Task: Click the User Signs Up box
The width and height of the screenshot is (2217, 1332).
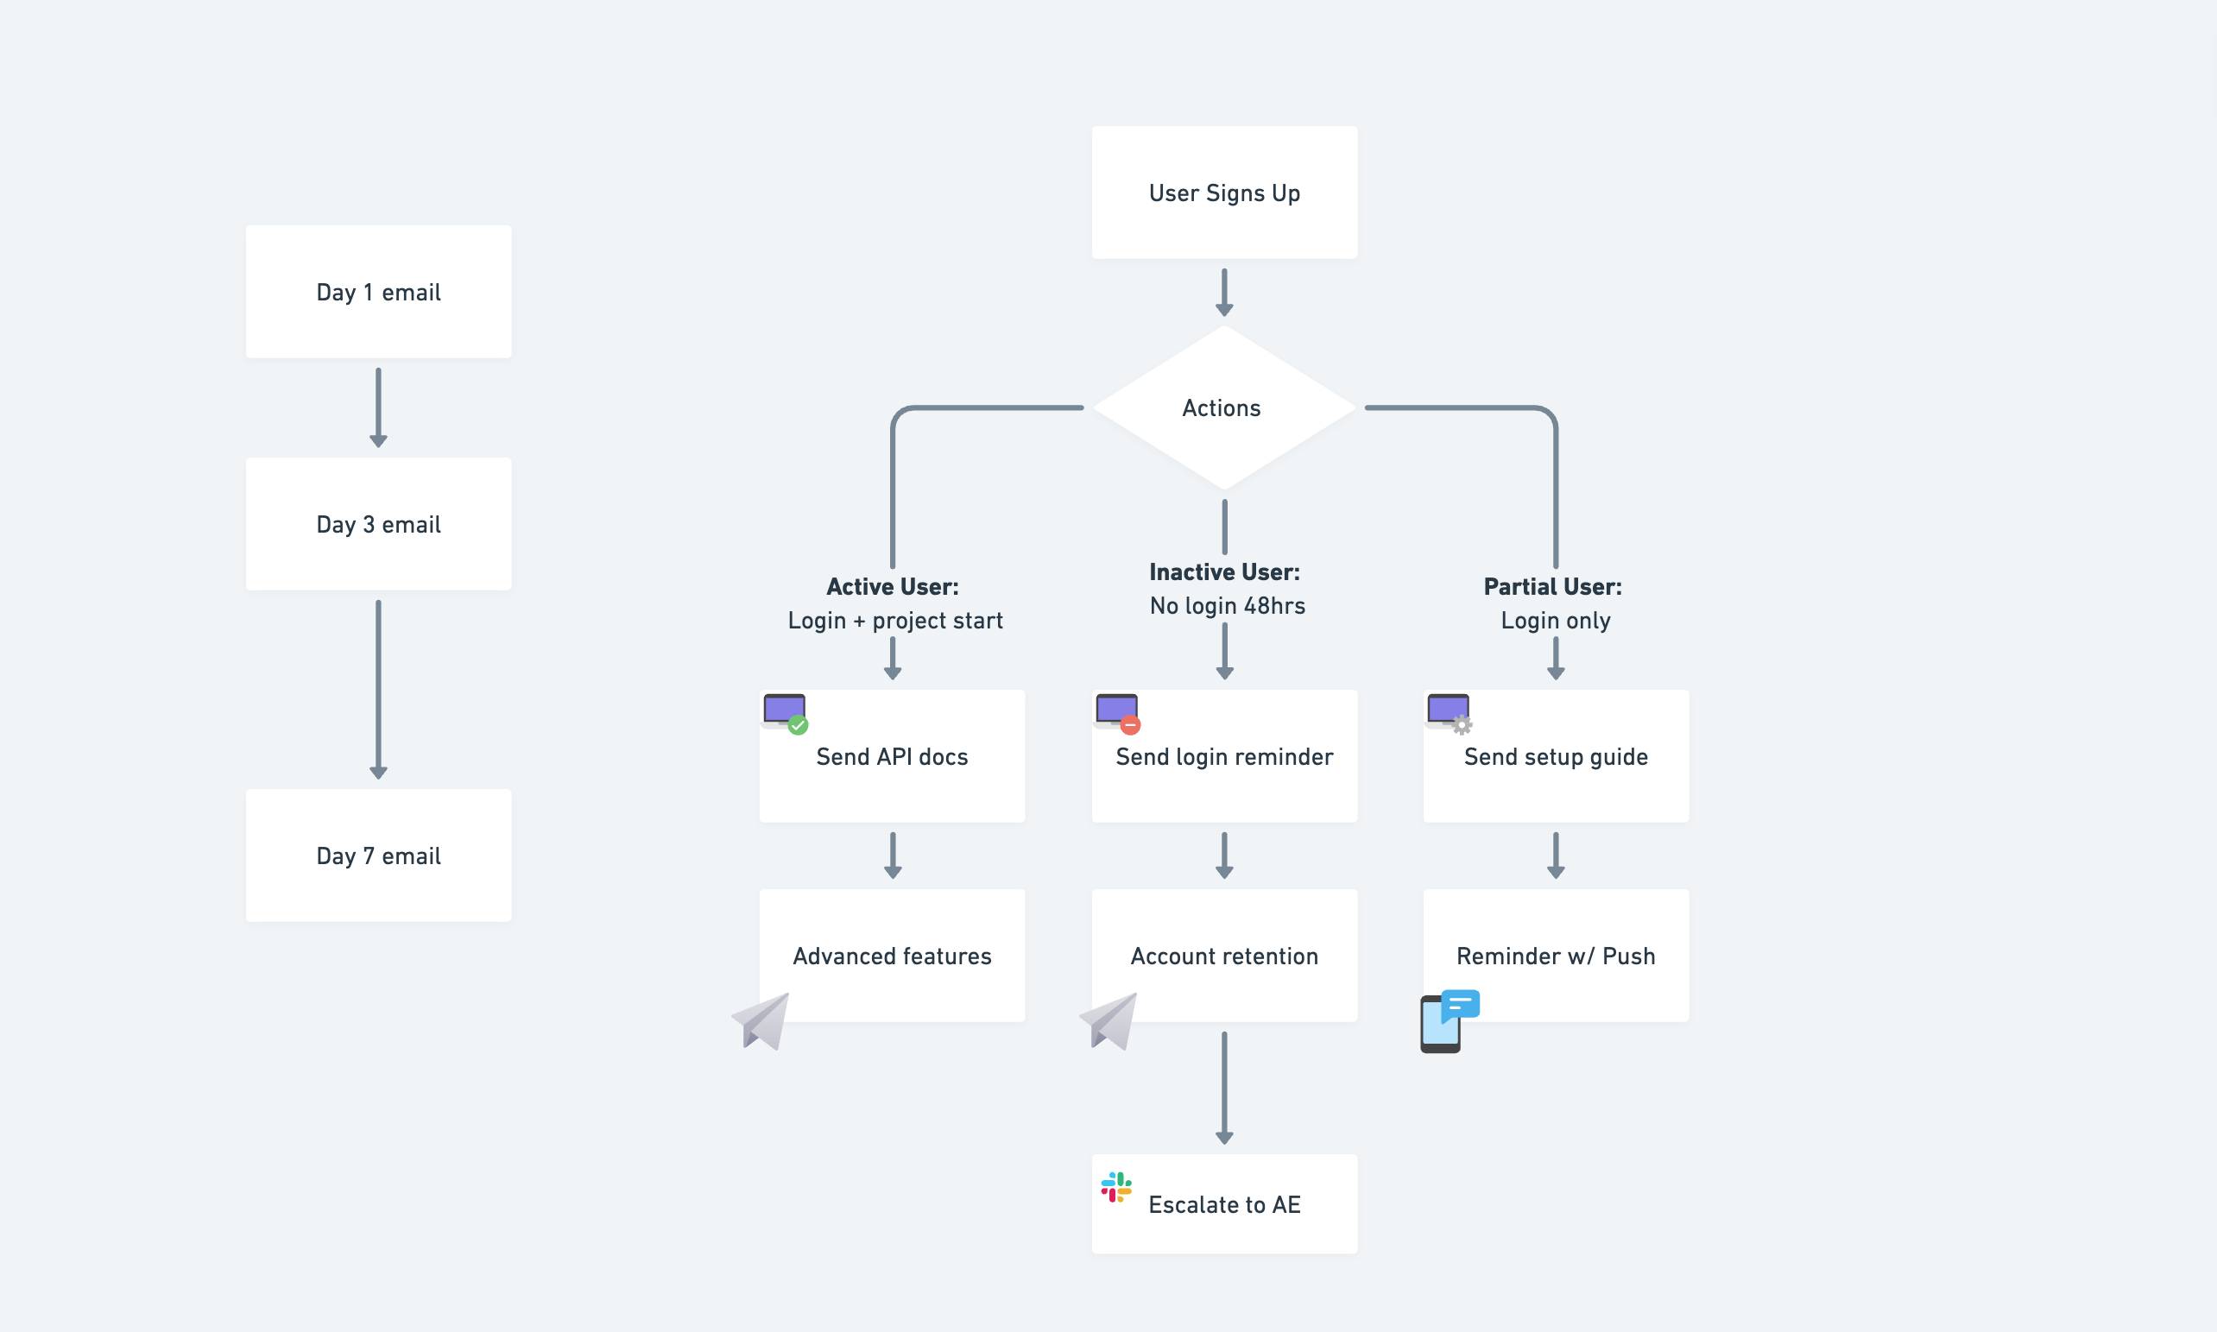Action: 1223,193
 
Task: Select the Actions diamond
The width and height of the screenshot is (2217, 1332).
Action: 1222,407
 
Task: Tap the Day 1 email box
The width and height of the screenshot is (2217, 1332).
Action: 378,292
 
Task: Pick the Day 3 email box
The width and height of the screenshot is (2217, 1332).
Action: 378,524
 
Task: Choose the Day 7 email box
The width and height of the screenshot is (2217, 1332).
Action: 378,855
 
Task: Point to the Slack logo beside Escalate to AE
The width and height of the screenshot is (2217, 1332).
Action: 1115,1188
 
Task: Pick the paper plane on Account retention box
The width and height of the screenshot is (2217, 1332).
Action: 1110,1021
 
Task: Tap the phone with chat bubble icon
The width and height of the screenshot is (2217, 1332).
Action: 1448,1021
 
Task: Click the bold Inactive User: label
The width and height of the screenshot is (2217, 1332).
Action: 1223,571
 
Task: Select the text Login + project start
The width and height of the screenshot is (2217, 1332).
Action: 894,620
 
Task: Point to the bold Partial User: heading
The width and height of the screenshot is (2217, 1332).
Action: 1552,586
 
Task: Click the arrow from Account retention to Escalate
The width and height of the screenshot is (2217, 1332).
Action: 1223,1087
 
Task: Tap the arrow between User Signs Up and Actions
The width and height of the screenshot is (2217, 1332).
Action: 1223,293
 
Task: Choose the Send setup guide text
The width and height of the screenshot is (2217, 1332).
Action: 1556,757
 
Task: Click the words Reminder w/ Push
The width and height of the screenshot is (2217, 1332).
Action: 1556,956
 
